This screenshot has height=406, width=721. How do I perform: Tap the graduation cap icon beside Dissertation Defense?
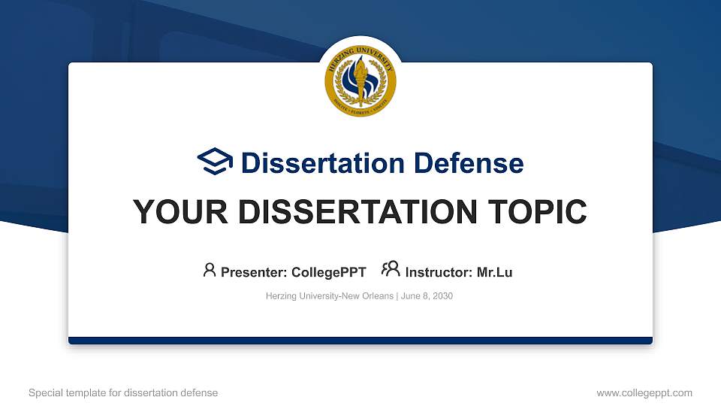point(216,162)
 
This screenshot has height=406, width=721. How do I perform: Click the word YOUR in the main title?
point(171,212)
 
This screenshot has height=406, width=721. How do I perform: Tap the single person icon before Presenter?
point(210,270)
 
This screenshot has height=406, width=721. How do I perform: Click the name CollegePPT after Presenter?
point(328,272)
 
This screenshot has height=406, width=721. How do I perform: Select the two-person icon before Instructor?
point(391,270)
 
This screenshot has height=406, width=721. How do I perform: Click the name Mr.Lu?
point(494,272)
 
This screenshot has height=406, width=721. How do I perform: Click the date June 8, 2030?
point(427,296)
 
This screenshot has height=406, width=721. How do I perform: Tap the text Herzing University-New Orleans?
point(329,296)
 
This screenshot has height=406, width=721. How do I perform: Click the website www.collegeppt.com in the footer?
point(644,392)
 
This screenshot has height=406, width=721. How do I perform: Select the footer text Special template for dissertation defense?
point(123,392)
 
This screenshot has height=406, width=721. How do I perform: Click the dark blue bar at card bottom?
point(360,341)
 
